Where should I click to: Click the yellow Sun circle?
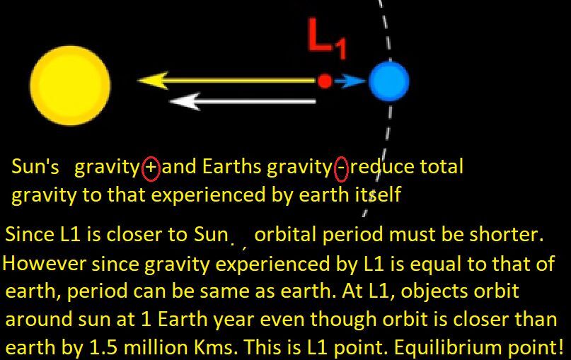[70, 86]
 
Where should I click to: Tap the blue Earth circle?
[389, 81]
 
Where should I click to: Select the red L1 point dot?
[325, 81]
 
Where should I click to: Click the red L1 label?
[326, 38]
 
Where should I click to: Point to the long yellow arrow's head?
[153, 81]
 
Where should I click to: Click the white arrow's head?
[185, 101]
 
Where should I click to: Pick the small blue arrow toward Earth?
[350, 81]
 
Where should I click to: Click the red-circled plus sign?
[151, 168]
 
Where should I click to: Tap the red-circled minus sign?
[341, 169]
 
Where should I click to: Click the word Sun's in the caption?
[35, 167]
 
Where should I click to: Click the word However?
[45, 263]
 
